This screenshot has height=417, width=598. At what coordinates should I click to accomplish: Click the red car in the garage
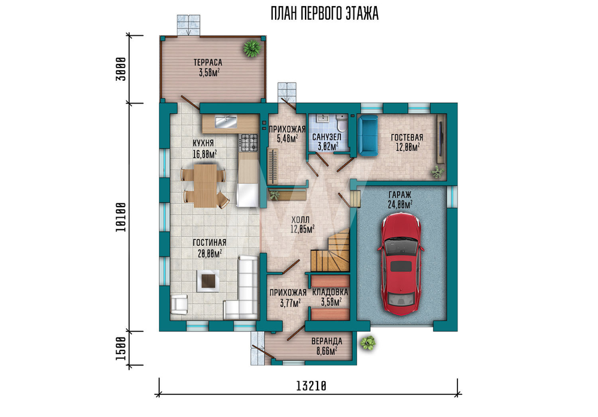[401, 264]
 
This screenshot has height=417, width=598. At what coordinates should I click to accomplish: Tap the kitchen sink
[226, 122]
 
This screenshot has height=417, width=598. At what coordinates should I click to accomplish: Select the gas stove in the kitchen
[249, 142]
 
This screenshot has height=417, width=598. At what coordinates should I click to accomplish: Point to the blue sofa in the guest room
[368, 136]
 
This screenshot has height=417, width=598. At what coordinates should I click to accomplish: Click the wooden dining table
[205, 185]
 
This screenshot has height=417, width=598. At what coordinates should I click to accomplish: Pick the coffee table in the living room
[208, 281]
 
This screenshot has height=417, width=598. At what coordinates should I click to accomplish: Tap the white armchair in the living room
[179, 305]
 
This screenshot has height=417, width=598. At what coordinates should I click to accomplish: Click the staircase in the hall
[331, 251]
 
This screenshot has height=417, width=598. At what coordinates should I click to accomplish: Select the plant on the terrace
[252, 48]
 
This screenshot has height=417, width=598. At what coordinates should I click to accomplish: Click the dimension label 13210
[311, 386]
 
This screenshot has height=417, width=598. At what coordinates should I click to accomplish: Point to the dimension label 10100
[121, 217]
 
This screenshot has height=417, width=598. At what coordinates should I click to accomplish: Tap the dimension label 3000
[121, 69]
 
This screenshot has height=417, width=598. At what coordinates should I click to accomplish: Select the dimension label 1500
[121, 348]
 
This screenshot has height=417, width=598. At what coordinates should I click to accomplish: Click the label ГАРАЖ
[400, 194]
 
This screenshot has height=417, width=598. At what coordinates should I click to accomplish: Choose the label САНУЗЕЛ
[327, 136]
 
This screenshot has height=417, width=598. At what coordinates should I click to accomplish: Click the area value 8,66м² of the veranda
[327, 351]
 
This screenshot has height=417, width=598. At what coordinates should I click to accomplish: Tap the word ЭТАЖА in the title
[362, 13]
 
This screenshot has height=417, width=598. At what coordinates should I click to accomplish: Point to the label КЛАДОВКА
[330, 292]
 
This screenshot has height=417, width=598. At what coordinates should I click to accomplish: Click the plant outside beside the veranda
[368, 343]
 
